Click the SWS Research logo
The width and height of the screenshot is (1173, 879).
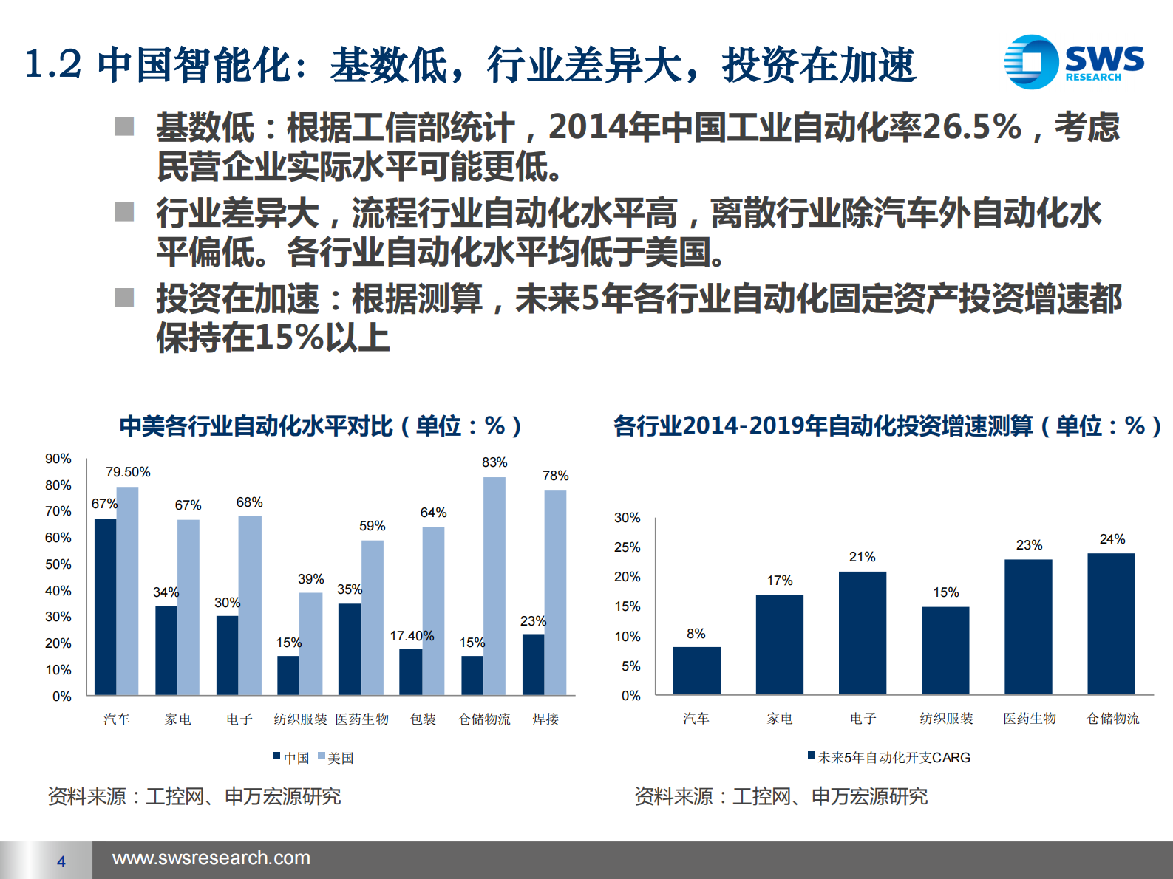(1073, 62)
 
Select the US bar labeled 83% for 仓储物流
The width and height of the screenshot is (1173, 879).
(494, 585)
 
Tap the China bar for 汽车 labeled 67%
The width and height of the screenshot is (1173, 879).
(105, 606)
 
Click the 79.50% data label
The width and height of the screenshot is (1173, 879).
(128, 472)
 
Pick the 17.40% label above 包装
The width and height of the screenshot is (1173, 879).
(412, 636)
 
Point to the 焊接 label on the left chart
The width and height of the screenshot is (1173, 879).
(545, 719)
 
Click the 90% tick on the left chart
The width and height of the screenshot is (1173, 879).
(58, 459)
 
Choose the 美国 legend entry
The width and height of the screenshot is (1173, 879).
(336, 758)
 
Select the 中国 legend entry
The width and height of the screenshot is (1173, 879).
(292, 758)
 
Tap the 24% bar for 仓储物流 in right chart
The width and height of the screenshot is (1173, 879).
(1111, 623)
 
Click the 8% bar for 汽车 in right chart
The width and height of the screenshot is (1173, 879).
(696, 671)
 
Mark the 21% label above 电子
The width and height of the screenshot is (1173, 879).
(862, 557)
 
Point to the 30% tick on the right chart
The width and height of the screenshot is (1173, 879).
(628, 518)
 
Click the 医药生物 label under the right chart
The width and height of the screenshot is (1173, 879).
(1030, 718)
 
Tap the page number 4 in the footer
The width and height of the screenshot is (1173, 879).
(61, 861)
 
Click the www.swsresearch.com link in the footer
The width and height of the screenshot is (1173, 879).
(211, 858)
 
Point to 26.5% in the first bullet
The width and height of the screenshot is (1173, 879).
(971, 127)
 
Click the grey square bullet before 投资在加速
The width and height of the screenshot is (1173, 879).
(124, 298)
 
